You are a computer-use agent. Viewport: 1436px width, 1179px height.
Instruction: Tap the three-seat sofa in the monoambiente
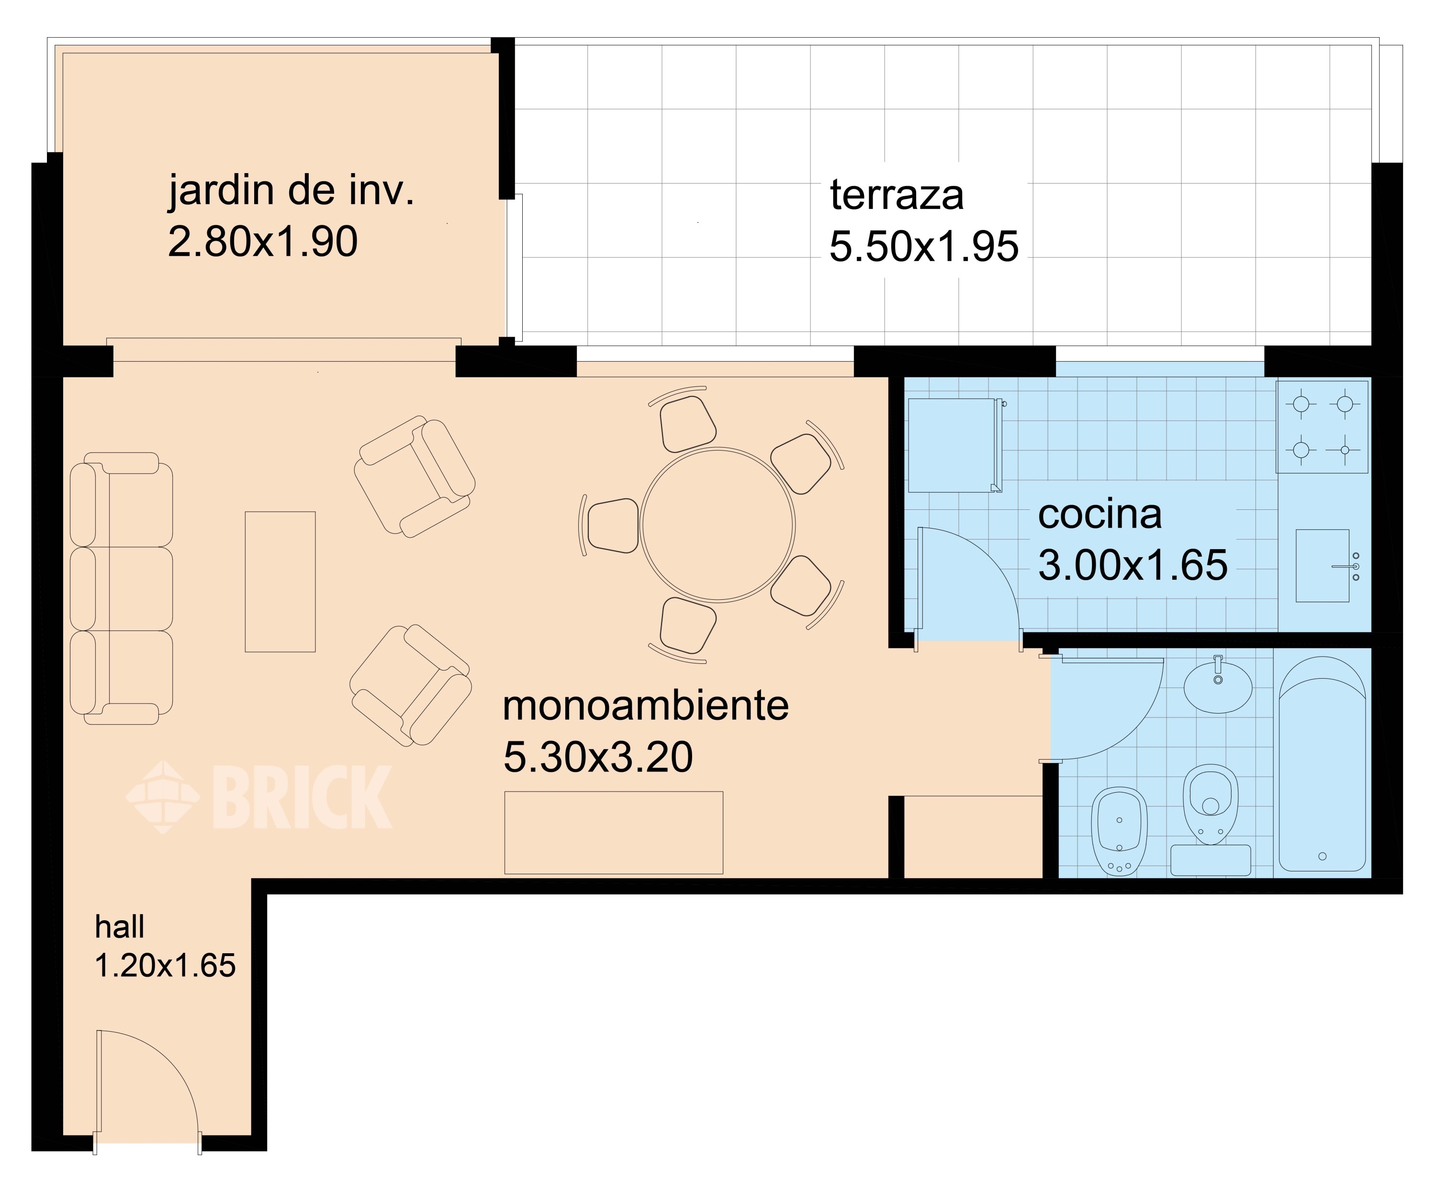121,588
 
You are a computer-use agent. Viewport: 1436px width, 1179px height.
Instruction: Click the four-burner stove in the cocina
1322,427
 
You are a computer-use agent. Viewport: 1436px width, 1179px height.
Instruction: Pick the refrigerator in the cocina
955,445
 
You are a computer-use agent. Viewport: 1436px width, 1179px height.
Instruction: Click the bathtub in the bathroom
1322,763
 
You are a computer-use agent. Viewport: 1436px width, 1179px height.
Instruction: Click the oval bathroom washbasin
1218,686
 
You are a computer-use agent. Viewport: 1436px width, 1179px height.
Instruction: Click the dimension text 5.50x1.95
923,246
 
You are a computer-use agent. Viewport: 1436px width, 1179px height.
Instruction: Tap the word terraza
897,195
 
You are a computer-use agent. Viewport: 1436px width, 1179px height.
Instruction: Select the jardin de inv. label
291,191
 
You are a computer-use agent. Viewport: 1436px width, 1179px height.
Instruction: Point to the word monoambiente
646,706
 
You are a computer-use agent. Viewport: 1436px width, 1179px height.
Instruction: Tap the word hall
120,927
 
